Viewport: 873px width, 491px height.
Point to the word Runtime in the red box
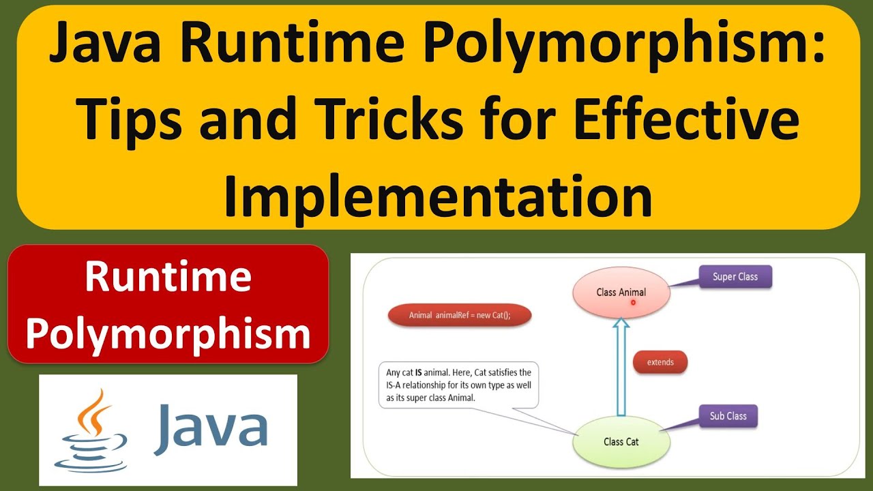(x=168, y=277)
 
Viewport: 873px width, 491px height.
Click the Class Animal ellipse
(x=621, y=293)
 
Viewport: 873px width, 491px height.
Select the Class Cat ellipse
(x=621, y=441)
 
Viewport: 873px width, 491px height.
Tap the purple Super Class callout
(x=734, y=277)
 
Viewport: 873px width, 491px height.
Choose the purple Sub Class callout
(x=728, y=416)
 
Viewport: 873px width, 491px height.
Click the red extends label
(x=660, y=362)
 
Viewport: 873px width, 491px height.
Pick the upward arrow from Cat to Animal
(x=621, y=368)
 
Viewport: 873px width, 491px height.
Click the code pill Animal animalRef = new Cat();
(x=459, y=315)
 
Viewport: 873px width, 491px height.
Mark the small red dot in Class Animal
(x=634, y=301)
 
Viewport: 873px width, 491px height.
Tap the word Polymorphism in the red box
(x=168, y=334)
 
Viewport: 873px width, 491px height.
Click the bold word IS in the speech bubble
(x=417, y=372)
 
